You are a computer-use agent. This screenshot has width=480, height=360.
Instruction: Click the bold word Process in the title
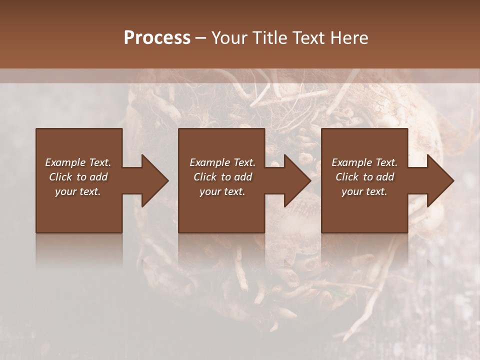point(157,38)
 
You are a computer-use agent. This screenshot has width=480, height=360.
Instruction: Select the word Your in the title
point(230,38)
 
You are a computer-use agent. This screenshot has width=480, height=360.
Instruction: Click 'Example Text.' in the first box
point(78,162)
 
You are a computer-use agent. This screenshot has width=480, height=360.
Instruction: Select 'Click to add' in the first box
point(78,177)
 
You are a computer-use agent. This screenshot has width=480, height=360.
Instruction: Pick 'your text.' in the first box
point(78,191)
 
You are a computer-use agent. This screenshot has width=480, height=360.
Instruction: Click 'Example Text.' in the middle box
point(222,162)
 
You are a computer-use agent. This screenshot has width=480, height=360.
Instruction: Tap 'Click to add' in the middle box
point(222,177)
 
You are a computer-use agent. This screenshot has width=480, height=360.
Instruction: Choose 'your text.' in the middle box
point(222,191)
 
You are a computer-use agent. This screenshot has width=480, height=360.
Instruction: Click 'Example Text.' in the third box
point(364,162)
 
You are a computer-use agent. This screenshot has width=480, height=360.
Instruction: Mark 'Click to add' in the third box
point(364,177)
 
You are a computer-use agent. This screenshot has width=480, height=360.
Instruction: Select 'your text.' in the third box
point(364,191)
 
